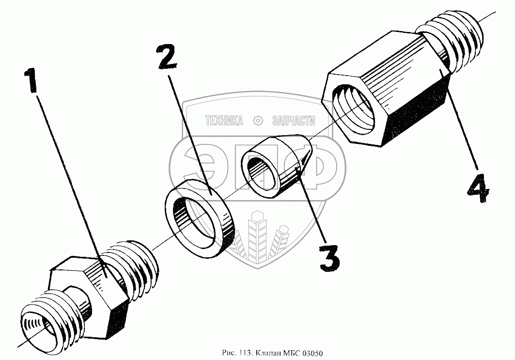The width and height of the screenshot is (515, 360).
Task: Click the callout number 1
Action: (x=32, y=80)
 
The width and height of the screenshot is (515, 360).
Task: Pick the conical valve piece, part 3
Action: (x=276, y=166)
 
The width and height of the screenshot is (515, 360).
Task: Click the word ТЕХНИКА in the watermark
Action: (x=224, y=121)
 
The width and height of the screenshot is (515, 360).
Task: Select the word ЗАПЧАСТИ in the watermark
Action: (x=294, y=121)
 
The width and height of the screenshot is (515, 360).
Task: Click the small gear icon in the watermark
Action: (x=258, y=121)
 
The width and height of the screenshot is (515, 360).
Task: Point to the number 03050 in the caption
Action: (x=312, y=353)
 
